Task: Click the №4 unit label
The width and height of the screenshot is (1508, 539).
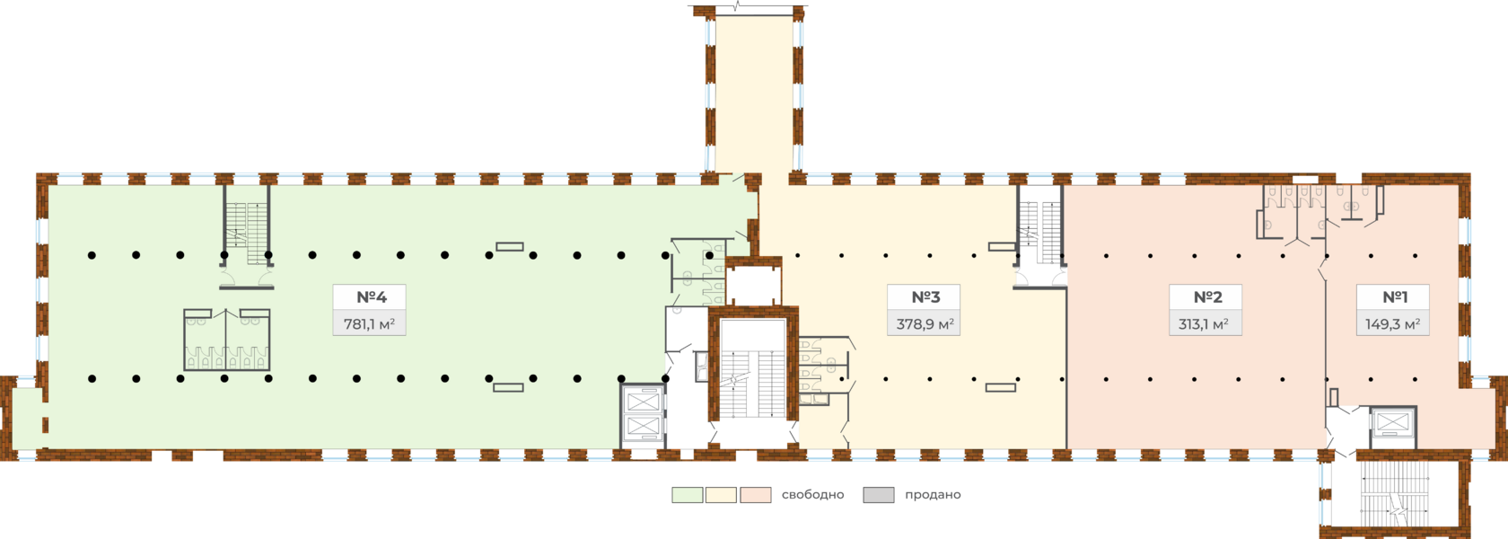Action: [369, 297]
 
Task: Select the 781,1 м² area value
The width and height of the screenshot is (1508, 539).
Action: [369, 323]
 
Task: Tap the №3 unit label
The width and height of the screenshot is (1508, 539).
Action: [925, 297]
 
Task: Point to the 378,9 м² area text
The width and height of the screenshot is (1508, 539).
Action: [925, 323]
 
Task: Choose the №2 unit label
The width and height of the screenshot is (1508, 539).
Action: [1207, 297]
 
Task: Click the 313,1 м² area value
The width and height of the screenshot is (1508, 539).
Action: [1207, 323]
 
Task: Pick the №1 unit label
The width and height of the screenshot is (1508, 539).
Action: [1394, 297]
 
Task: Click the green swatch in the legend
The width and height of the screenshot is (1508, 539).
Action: [687, 495]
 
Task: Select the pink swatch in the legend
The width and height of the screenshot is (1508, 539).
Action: [756, 495]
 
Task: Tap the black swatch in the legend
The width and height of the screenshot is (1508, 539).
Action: [878, 495]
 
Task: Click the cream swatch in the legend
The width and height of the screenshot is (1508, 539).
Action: [721, 495]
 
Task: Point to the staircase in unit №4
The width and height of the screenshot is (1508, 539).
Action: [248, 229]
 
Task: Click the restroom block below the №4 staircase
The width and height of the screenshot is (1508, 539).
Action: [226, 340]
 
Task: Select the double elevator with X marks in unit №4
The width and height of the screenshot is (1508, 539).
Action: [644, 413]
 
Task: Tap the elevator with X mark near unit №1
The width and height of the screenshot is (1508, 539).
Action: [1391, 424]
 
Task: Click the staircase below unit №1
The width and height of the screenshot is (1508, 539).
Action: [1393, 494]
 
